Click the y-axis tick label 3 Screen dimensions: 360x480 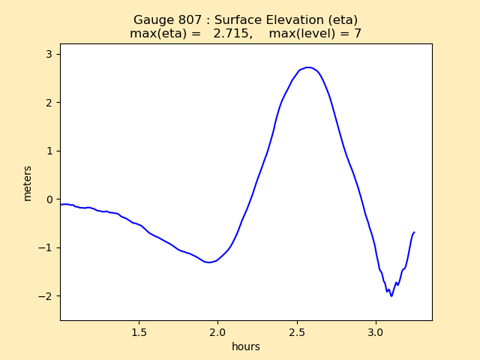pos(49,54)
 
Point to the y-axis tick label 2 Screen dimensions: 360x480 pos(49,103)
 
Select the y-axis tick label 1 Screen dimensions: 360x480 pos(49,151)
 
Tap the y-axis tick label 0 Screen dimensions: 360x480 pos(49,199)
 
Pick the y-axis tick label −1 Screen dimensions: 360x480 pos(46,247)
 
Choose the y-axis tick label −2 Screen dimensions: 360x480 pos(46,296)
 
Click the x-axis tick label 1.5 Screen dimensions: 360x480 pos(139,331)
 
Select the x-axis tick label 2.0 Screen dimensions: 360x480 pos(217,331)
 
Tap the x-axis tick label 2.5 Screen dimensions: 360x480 pos(297,331)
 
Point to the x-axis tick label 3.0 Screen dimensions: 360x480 pos(376,331)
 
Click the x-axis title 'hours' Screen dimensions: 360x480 pos(245,346)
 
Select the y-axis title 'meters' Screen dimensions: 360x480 pos(28,183)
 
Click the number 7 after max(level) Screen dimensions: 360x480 pos(358,34)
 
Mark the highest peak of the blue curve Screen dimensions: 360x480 pos(308,67)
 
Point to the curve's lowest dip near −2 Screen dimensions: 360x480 pos(391,296)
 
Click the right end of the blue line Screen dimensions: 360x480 pos(414,232)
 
